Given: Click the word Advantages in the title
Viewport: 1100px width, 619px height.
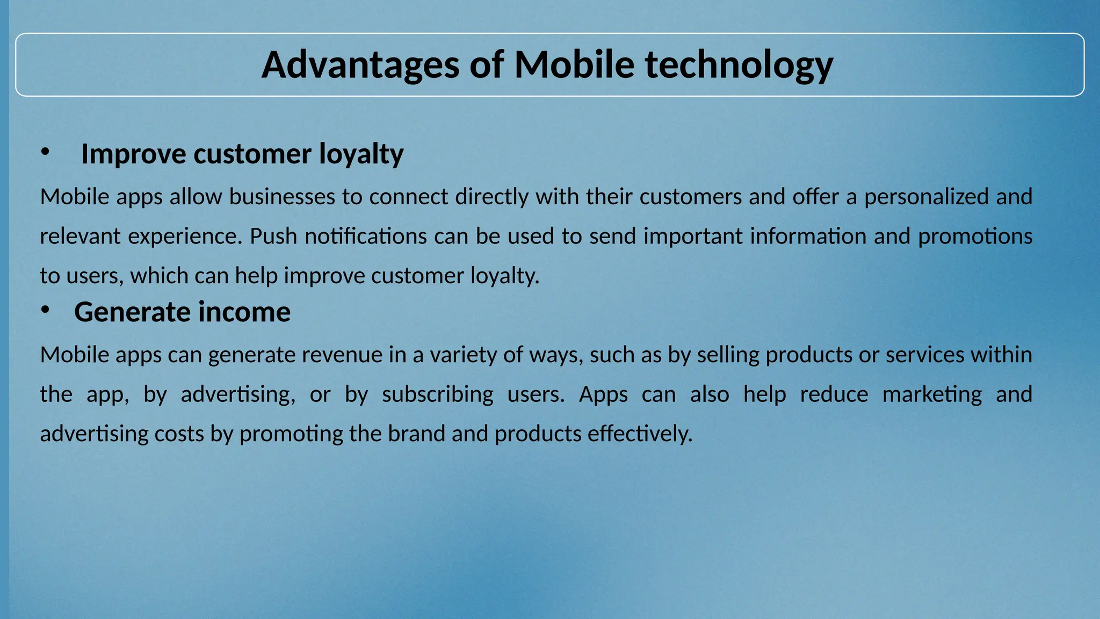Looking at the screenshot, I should [360, 64].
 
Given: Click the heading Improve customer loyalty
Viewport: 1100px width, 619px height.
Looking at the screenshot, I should [242, 154].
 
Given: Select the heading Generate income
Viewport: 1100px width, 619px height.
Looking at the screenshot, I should [182, 312].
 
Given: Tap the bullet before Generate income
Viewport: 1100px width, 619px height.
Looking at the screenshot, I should [45, 309].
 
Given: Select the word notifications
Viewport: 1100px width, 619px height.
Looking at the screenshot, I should [365, 236].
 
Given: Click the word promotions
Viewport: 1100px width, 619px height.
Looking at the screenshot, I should [974, 236].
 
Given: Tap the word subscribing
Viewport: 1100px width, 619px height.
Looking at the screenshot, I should [437, 394].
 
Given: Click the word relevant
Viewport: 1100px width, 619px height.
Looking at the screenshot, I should [80, 236].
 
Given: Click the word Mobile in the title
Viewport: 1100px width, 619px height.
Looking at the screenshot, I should [574, 64].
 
